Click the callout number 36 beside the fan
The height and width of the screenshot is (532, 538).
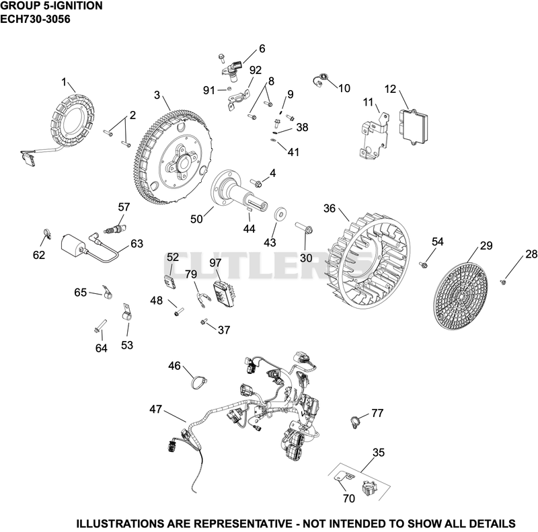pos(330,208)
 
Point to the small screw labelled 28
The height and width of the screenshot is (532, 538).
pos(503,282)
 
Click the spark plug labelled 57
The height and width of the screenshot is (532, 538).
pos(115,229)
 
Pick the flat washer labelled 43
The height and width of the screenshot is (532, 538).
pos(281,215)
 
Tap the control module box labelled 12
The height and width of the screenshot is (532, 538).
pos(414,125)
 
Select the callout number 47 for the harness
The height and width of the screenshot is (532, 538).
pos(155,409)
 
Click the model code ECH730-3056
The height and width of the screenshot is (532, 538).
pos(35,20)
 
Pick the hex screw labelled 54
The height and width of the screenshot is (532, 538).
pos(423,264)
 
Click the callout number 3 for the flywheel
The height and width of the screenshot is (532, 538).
pos(157,95)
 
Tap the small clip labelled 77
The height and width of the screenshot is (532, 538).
pos(354,421)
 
